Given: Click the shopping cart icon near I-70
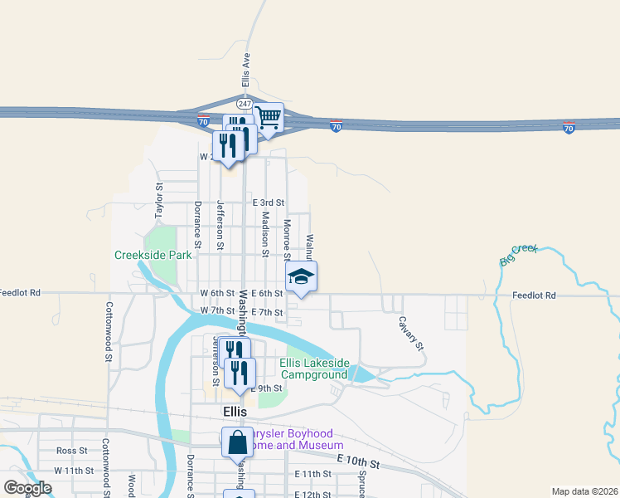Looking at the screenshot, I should tap(269, 117).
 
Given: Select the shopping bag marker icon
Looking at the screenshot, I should tap(237, 441).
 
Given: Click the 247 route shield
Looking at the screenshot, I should tap(244, 103).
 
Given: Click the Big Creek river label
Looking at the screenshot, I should tap(519, 254).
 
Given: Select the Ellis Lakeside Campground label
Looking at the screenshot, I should tap(313, 369).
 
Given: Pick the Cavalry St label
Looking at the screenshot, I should tap(410, 333).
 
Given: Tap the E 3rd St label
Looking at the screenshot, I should tap(268, 203).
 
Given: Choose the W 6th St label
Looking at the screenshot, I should tap(218, 294).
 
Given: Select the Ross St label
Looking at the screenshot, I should tap(72, 451).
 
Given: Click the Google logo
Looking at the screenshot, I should tap(27, 488).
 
